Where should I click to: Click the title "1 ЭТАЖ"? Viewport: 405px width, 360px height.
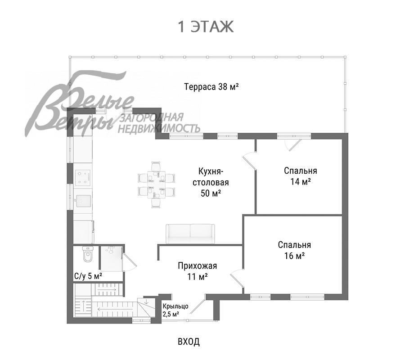(206, 27)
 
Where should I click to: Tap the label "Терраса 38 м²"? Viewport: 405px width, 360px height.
(211, 87)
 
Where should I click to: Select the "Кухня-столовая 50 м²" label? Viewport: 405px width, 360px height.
(211, 182)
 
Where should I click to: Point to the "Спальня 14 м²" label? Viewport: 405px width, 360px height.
(301, 176)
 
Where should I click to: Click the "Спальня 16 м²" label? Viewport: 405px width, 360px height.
(294, 250)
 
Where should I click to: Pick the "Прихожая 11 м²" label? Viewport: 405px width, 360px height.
(198, 271)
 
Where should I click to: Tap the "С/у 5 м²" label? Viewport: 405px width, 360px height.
(88, 276)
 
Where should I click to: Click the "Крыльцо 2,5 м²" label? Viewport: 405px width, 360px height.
(175, 310)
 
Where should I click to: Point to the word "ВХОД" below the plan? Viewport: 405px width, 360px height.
(189, 342)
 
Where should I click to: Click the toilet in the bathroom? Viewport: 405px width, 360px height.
(88, 254)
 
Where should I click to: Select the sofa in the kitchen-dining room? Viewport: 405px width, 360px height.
(190, 234)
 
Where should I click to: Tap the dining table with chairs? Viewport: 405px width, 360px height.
(157, 184)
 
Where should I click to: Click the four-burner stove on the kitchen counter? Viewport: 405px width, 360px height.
(83, 177)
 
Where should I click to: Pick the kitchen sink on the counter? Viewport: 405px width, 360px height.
(83, 201)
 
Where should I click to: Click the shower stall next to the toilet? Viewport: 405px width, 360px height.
(111, 258)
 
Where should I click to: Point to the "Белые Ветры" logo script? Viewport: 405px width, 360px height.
(80, 103)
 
